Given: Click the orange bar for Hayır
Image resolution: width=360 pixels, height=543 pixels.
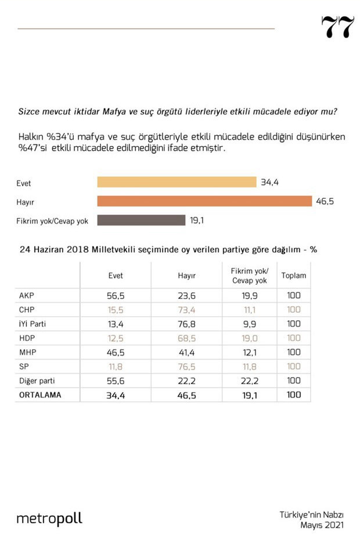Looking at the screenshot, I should (x=204, y=201).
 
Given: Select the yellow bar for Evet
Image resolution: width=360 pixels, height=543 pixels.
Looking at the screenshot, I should (x=177, y=182).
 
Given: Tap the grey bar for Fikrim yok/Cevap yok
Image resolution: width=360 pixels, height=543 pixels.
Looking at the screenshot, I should (x=141, y=220).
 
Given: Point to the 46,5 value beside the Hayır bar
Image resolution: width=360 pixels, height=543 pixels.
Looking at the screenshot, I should (x=326, y=201).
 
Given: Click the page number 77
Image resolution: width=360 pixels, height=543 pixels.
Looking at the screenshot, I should (x=337, y=27).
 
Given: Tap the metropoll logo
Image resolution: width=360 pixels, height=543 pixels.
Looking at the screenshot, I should (x=49, y=518).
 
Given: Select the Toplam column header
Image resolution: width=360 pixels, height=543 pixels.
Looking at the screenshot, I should (x=294, y=276).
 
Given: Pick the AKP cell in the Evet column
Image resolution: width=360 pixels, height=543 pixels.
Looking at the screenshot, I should (x=116, y=295).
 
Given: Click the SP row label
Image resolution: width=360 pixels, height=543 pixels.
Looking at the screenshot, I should (x=24, y=366).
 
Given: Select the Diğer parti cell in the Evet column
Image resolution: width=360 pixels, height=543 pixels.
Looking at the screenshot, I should (x=116, y=381).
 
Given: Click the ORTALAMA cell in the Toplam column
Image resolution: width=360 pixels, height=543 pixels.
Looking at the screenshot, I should (x=294, y=394).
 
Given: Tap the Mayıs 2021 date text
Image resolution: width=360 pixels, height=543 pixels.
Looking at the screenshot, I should (x=322, y=525).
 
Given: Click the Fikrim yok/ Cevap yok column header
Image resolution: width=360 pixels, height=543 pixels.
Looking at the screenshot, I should (x=245, y=276).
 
